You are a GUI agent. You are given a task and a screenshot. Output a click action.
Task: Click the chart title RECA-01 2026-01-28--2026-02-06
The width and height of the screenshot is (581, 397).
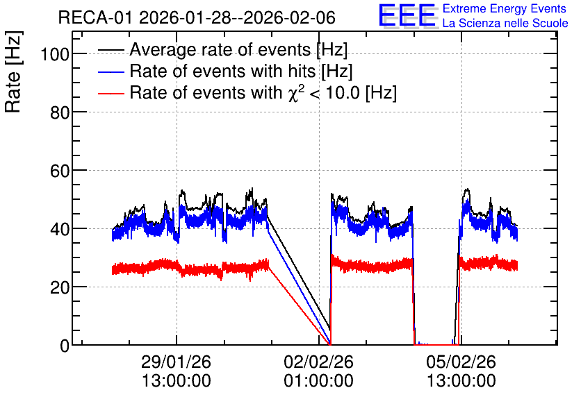(197, 17)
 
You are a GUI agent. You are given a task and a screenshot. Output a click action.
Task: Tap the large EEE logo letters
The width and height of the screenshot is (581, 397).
(407, 15)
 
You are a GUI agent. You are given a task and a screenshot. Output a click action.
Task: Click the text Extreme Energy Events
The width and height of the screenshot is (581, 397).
(505, 8)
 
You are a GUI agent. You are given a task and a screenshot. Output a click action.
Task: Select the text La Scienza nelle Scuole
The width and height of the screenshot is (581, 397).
(505, 24)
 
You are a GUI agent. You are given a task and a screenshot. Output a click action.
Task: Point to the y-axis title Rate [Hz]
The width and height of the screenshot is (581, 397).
(13, 71)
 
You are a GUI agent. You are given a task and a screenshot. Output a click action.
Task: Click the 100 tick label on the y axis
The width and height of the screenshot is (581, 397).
(55, 54)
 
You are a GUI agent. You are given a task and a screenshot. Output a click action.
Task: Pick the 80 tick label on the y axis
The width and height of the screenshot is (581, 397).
(60, 112)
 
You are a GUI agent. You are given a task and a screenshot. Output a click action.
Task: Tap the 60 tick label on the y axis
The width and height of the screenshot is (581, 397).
(60, 171)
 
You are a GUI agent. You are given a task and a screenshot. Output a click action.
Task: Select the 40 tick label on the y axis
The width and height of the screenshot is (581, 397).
(60, 229)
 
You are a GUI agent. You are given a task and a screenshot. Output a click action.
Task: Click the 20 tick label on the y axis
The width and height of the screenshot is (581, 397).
(60, 287)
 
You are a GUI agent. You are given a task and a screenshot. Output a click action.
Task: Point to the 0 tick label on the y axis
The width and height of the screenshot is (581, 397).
(65, 346)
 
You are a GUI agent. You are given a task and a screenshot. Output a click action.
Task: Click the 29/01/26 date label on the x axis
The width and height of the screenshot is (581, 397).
(176, 362)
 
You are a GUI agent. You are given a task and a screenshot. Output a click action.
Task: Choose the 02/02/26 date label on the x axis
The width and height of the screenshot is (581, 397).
(319, 362)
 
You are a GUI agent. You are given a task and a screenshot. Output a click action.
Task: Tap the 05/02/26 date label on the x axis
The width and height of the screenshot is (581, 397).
(461, 362)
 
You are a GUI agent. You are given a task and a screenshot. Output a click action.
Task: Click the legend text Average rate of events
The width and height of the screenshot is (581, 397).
(220, 50)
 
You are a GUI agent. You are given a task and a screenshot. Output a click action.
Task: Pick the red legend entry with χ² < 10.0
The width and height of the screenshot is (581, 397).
(263, 92)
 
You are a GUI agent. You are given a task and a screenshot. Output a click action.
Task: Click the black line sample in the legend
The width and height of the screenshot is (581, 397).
(111, 50)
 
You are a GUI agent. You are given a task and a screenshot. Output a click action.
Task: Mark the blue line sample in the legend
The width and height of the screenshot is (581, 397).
(111, 71)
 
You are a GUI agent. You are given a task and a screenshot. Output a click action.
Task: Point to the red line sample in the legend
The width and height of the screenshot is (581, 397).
(111, 93)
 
